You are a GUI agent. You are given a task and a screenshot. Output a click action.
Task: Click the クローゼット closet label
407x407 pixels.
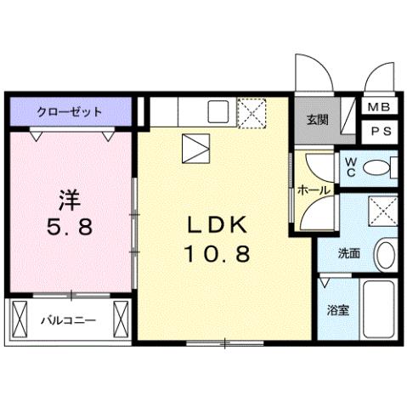point(69,111)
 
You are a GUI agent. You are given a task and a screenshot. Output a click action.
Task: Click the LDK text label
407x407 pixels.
point(217,223)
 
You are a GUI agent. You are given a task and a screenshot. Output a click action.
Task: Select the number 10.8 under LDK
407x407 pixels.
point(217,253)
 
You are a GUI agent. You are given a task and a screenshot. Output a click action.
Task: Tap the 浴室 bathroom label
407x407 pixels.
point(337,310)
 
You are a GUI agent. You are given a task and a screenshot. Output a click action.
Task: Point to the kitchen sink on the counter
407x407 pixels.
point(218,111)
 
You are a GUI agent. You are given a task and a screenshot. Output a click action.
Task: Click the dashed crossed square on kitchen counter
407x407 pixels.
point(252,111)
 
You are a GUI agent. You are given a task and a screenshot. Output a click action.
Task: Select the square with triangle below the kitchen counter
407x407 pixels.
point(195,150)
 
